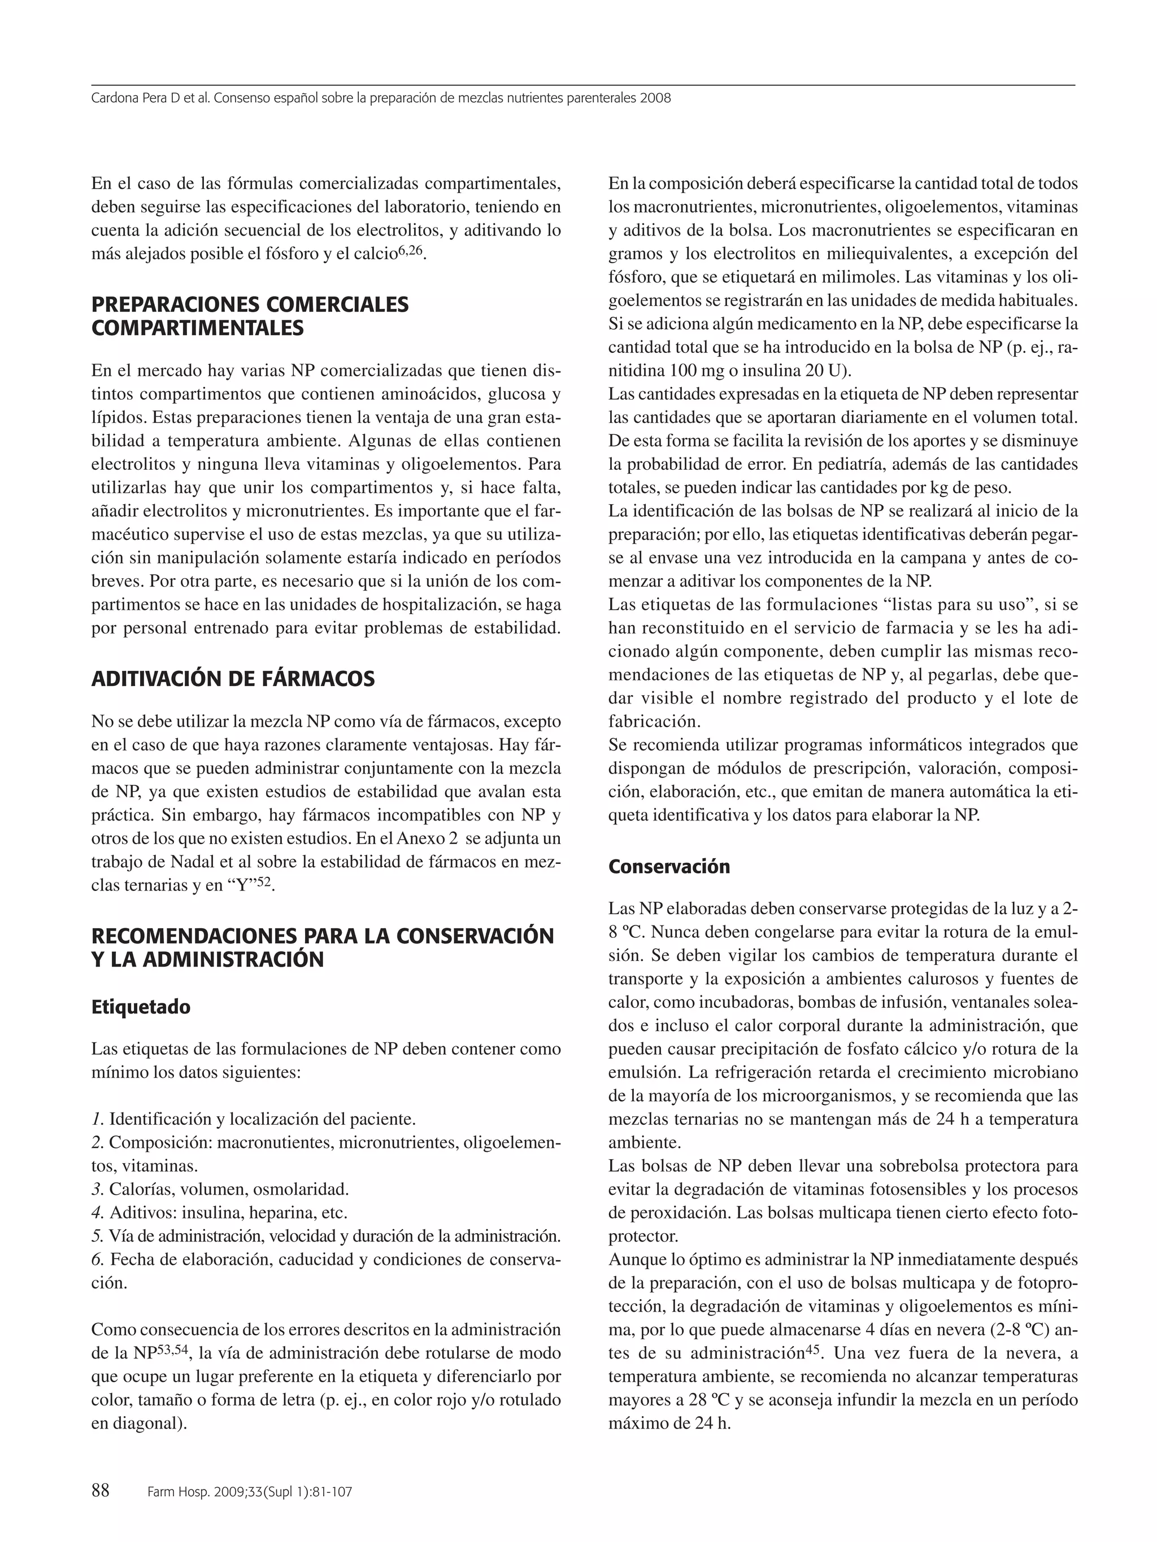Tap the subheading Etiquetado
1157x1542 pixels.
[x=140, y=1007]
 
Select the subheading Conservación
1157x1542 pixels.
[x=669, y=867]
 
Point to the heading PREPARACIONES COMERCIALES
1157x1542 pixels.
[x=250, y=305]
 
